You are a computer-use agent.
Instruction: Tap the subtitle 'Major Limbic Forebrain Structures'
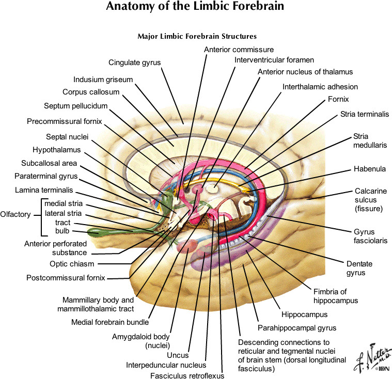coord(197,37)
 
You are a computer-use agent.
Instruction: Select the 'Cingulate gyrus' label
coord(134,62)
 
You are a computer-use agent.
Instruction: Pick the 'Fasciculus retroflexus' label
coord(187,375)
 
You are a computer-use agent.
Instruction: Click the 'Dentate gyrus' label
coord(359,268)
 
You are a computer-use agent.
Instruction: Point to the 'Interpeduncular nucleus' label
coord(166,365)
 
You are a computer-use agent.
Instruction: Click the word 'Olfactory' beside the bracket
coord(15,215)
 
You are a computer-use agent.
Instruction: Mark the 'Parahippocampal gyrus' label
coord(297,327)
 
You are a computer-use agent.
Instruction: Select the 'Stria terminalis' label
coord(365,114)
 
